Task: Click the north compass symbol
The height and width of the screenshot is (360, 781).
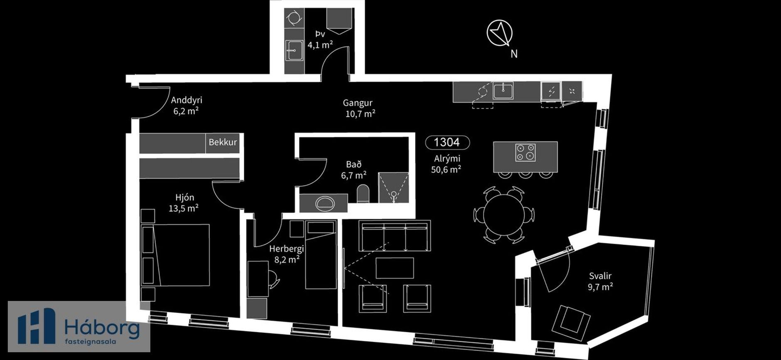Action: [x=500, y=33]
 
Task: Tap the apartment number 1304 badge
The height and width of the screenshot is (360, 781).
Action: [x=447, y=142]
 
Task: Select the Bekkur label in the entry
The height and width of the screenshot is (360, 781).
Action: [x=223, y=142]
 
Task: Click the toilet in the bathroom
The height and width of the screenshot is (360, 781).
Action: [x=363, y=194]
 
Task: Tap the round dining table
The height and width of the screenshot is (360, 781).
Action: [x=504, y=215]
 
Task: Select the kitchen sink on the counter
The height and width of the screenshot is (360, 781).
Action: [x=503, y=90]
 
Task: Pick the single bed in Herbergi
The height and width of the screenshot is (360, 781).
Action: [x=321, y=255]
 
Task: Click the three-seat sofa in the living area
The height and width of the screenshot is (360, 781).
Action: [x=394, y=235]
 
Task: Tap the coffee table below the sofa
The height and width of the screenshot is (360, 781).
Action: [x=395, y=268]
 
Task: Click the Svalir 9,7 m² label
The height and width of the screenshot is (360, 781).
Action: [x=600, y=281]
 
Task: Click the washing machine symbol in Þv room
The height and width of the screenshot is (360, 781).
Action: [x=295, y=18]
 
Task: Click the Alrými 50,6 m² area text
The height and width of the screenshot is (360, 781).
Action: [x=447, y=164]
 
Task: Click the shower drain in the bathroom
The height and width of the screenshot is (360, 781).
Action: [x=393, y=193]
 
